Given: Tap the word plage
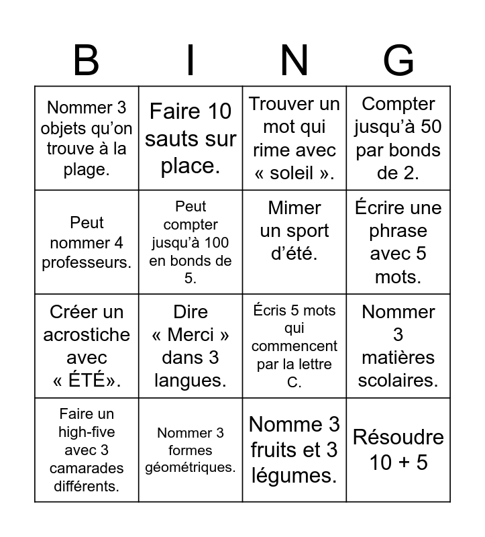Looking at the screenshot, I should click(x=87, y=169).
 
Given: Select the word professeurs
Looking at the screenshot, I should click(x=87, y=262).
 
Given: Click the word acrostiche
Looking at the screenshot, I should click(x=87, y=334).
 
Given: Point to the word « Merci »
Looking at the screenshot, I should click(x=191, y=334).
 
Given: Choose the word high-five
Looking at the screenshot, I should click(x=87, y=432).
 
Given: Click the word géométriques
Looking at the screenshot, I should click(x=191, y=467).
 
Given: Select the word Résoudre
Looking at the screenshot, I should click(x=398, y=438).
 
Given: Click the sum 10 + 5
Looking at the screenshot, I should click(x=398, y=462).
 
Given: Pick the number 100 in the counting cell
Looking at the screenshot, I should click(x=214, y=242).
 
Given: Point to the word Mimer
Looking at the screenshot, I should click(x=294, y=208).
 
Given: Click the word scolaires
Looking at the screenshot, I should click(x=398, y=381).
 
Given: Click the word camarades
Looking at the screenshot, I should click(x=87, y=468).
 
